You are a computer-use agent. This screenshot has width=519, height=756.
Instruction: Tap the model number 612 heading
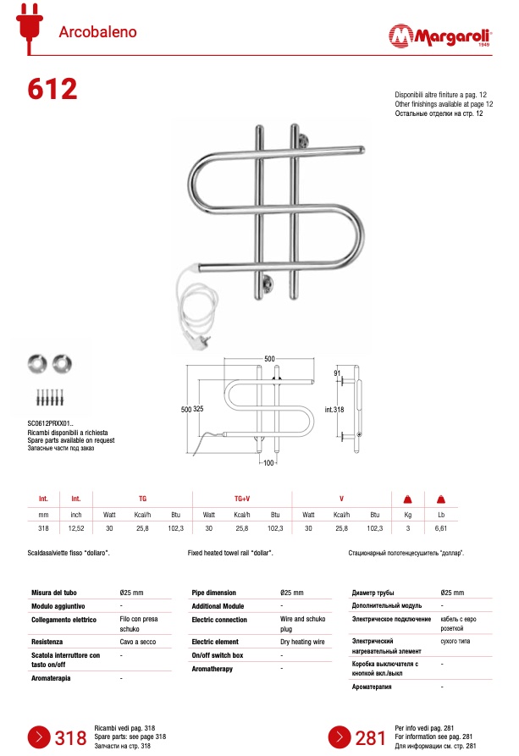(52, 88)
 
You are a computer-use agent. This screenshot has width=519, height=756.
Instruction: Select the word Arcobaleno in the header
(97, 33)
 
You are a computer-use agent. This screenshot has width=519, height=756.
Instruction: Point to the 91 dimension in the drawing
(337, 373)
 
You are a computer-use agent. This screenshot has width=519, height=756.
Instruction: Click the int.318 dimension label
(334, 410)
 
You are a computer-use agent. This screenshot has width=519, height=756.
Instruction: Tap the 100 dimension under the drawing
(269, 463)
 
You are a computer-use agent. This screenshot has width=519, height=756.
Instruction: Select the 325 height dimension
(199, 409)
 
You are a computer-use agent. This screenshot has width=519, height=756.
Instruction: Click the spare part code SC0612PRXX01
(51, 423)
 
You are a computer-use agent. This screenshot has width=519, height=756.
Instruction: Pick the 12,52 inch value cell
(76, 528)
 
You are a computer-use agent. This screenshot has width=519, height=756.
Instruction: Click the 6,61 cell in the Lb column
(440, 528)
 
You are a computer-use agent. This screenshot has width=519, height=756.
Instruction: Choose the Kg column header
(407, 515)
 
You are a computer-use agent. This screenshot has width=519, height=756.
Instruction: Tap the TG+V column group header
(242, 499)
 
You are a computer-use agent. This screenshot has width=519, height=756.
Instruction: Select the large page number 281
(371, 737)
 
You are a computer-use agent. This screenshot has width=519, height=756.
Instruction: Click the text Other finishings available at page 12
(444, 103)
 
